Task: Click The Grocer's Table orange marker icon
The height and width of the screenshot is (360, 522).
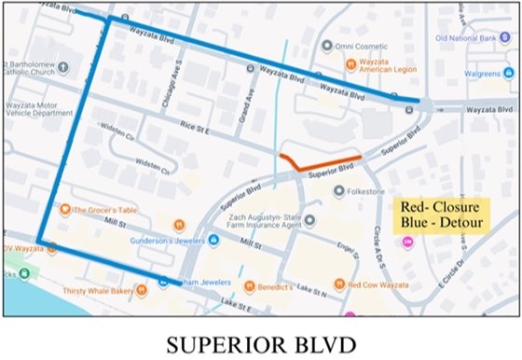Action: [65, 209]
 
